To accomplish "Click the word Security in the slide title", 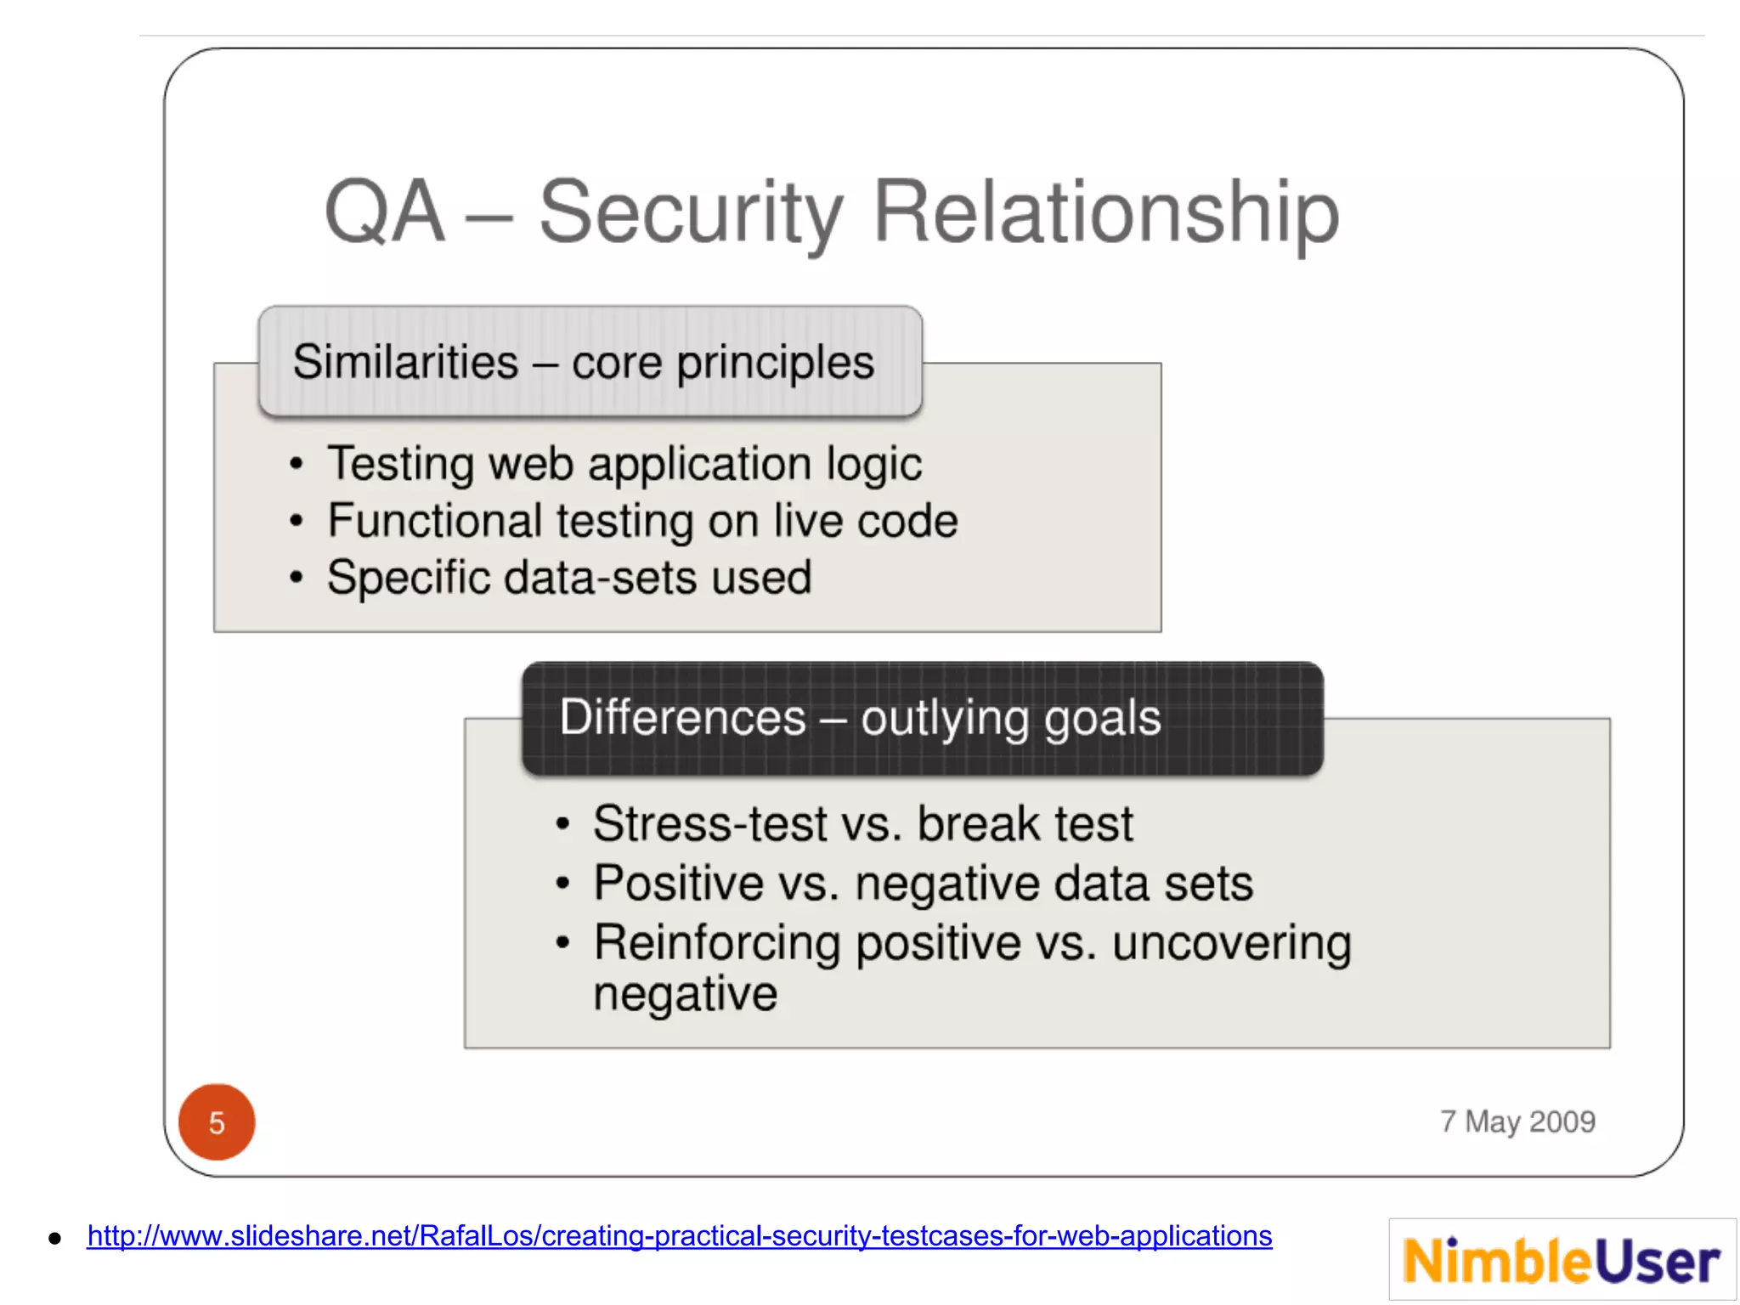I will point(691,212).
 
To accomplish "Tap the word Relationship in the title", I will point(1105,212).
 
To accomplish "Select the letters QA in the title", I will point(384,212).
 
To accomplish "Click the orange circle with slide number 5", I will point(217,1122).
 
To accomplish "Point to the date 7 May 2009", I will point(1517,1121).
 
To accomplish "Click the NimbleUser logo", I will point(1562,1260).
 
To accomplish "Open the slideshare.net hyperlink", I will point(679,1235).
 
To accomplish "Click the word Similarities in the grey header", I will point(405,362).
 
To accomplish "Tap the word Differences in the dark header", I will point(682,718).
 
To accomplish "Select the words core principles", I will point(722,364).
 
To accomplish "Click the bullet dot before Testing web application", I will point(296,464).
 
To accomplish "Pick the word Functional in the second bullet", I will point(434,520).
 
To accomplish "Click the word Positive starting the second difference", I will point(678,883).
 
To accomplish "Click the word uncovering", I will point(1231,944).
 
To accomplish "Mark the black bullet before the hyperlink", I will point(55,1238).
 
